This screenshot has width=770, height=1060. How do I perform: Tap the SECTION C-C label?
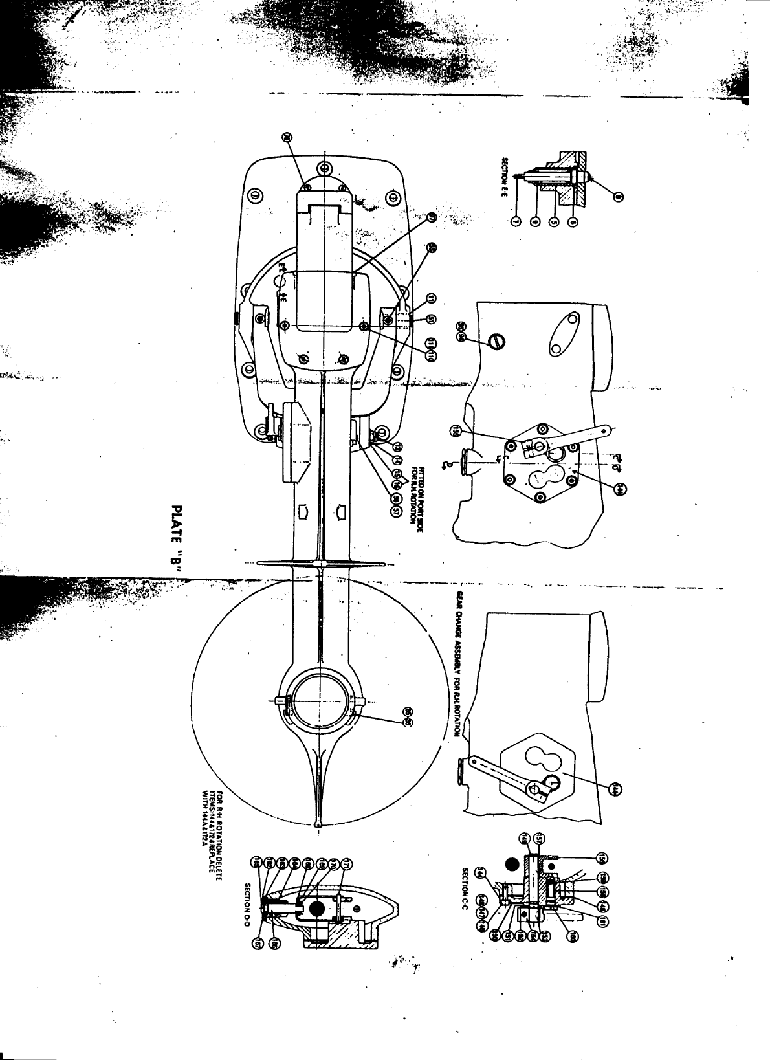(465, 892)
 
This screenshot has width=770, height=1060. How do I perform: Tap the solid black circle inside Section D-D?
(317, 909)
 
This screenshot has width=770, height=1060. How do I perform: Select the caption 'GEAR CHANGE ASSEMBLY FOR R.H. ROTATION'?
(459, 664)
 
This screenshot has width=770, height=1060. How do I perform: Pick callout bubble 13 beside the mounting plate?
(398, 447)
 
